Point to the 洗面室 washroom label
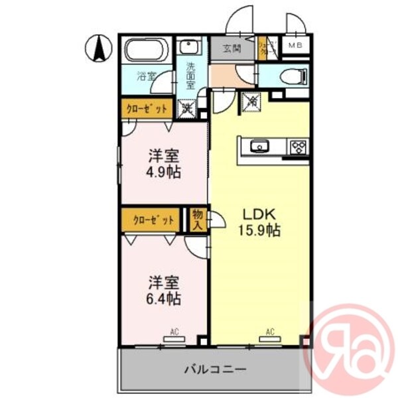click(190, 75)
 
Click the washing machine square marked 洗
click(188, 106)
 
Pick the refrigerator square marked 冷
click(252, 102)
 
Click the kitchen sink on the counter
click(258, 145)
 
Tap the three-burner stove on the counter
click(297, 147)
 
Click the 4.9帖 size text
click(163, 172)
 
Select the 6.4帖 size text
click(163, 298)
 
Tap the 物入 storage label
click(197, 219)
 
